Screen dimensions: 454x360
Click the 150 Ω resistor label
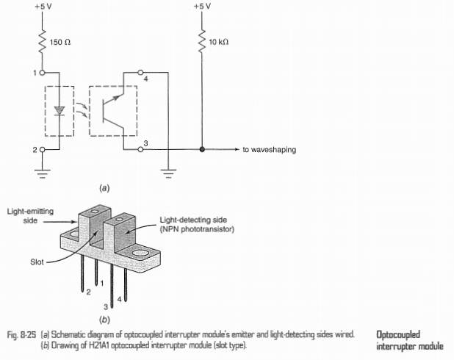pos(60,43)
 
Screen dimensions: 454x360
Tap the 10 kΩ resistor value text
pos(219,43)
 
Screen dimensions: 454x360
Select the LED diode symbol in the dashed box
pos(60,111)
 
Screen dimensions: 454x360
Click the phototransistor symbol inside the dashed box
pos(113,111)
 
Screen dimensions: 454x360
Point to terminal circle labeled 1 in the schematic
pos(43,73)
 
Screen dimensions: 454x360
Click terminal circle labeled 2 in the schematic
pos(43,149)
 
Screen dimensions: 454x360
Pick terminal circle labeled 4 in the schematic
pos(140,72)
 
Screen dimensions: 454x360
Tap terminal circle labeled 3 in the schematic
pos(140,149)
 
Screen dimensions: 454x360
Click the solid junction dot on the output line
pos(202,149)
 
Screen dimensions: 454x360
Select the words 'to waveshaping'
pos(270,150)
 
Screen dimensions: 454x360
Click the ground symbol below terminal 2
pos(43,173)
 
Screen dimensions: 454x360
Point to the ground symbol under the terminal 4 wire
pos(168,173)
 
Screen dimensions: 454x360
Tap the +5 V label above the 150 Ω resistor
pos(43,6)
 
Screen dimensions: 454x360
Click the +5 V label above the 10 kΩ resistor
pos(202,6)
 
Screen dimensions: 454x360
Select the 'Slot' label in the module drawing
pos(37,262)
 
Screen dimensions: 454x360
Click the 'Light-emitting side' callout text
pos(30,216)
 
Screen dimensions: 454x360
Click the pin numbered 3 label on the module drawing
pos(106,306)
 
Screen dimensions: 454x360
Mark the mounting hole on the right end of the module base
pos(140,254)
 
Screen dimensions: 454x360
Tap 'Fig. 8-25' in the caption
pos(22,335)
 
